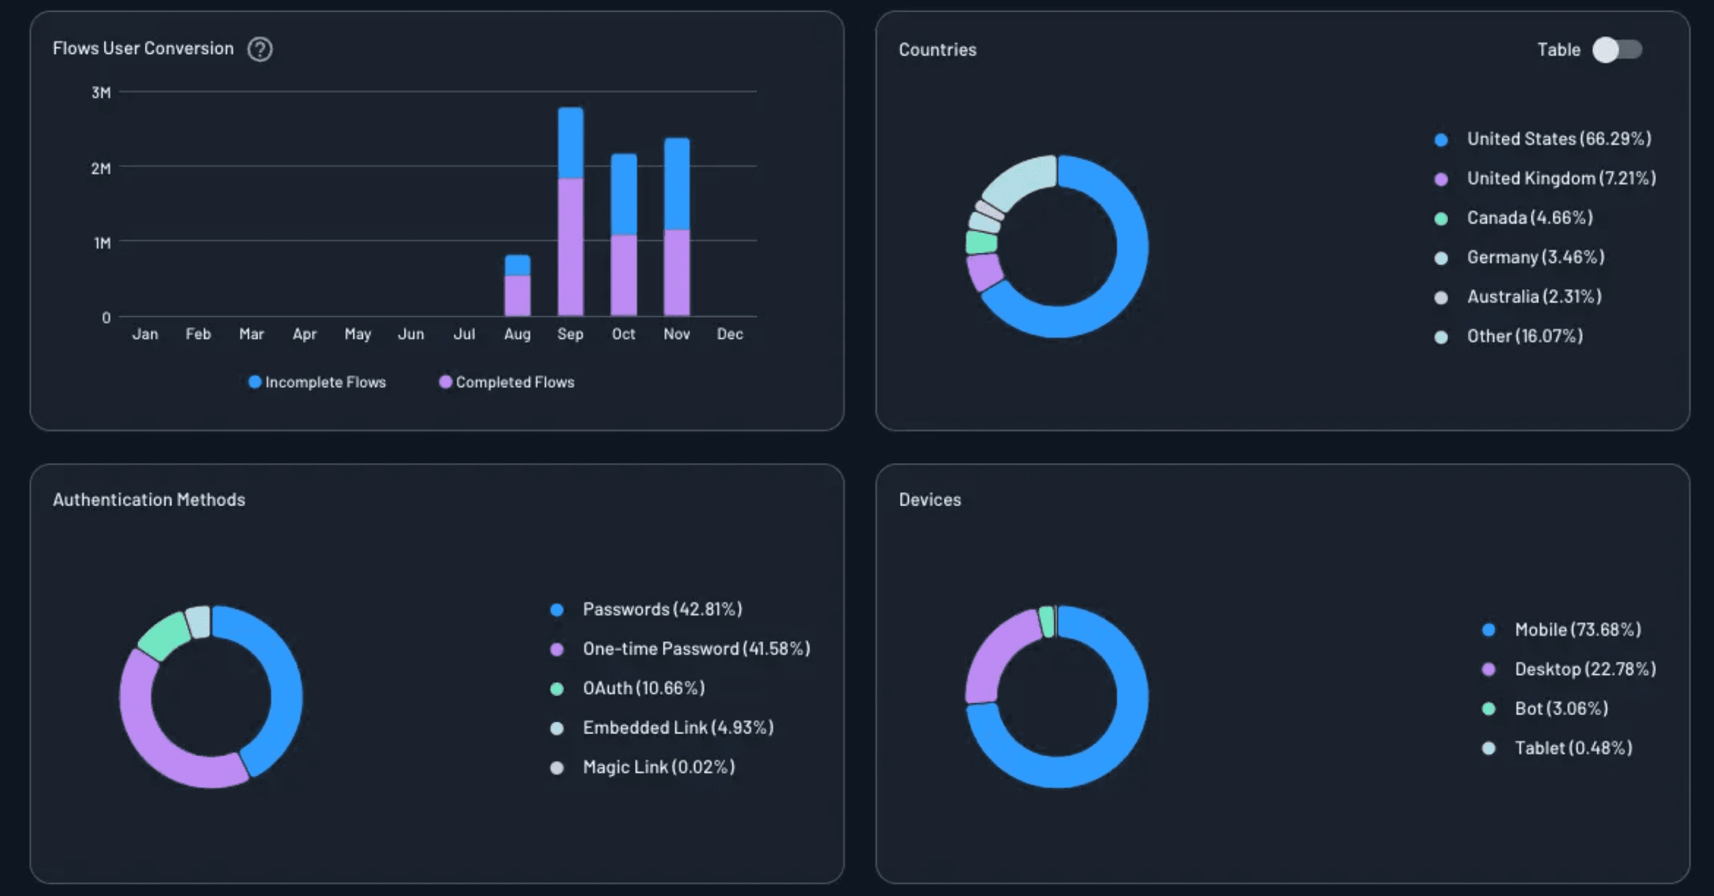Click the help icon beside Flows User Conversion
pos(260,49)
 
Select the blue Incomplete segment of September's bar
pos(571,143)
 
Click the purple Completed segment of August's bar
pos(517,295)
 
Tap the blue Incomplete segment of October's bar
pos(623,195)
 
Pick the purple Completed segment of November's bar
pos(677,272)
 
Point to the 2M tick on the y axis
pos(100,168)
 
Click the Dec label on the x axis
pos(729,334)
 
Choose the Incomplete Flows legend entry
pos(317,382)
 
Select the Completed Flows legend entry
pos(506,382)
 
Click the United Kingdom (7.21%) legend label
pos(1561,178)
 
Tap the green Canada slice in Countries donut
pos(981,242)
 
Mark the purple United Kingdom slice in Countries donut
pos(985,272)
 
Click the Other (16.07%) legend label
pos(1524,336)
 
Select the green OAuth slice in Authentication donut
pos(164,636)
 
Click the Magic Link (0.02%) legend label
pos(658,767)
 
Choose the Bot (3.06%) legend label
pos(1561,708)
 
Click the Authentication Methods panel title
pos(149,499)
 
